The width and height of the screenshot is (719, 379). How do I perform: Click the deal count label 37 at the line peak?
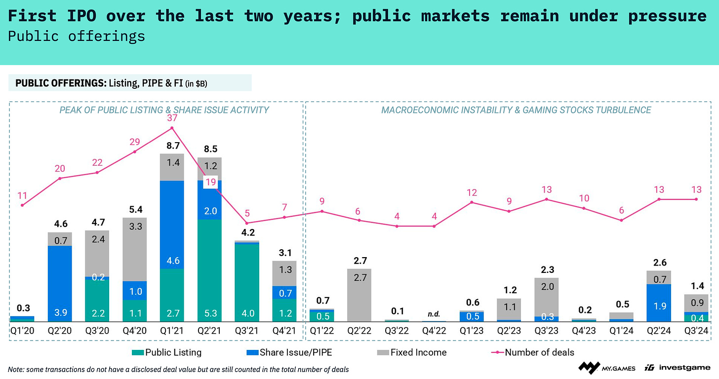click(172, 118)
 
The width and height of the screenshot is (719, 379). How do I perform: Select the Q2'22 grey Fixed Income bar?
click(359, 295)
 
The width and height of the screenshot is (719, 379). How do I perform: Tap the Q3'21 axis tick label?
click(247, 331)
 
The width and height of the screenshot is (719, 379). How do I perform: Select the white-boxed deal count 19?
click(210, 182)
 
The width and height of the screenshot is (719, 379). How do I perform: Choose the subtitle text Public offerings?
click(77, 36)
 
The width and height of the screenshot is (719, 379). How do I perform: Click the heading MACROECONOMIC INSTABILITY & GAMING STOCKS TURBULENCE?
click(516, 110)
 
